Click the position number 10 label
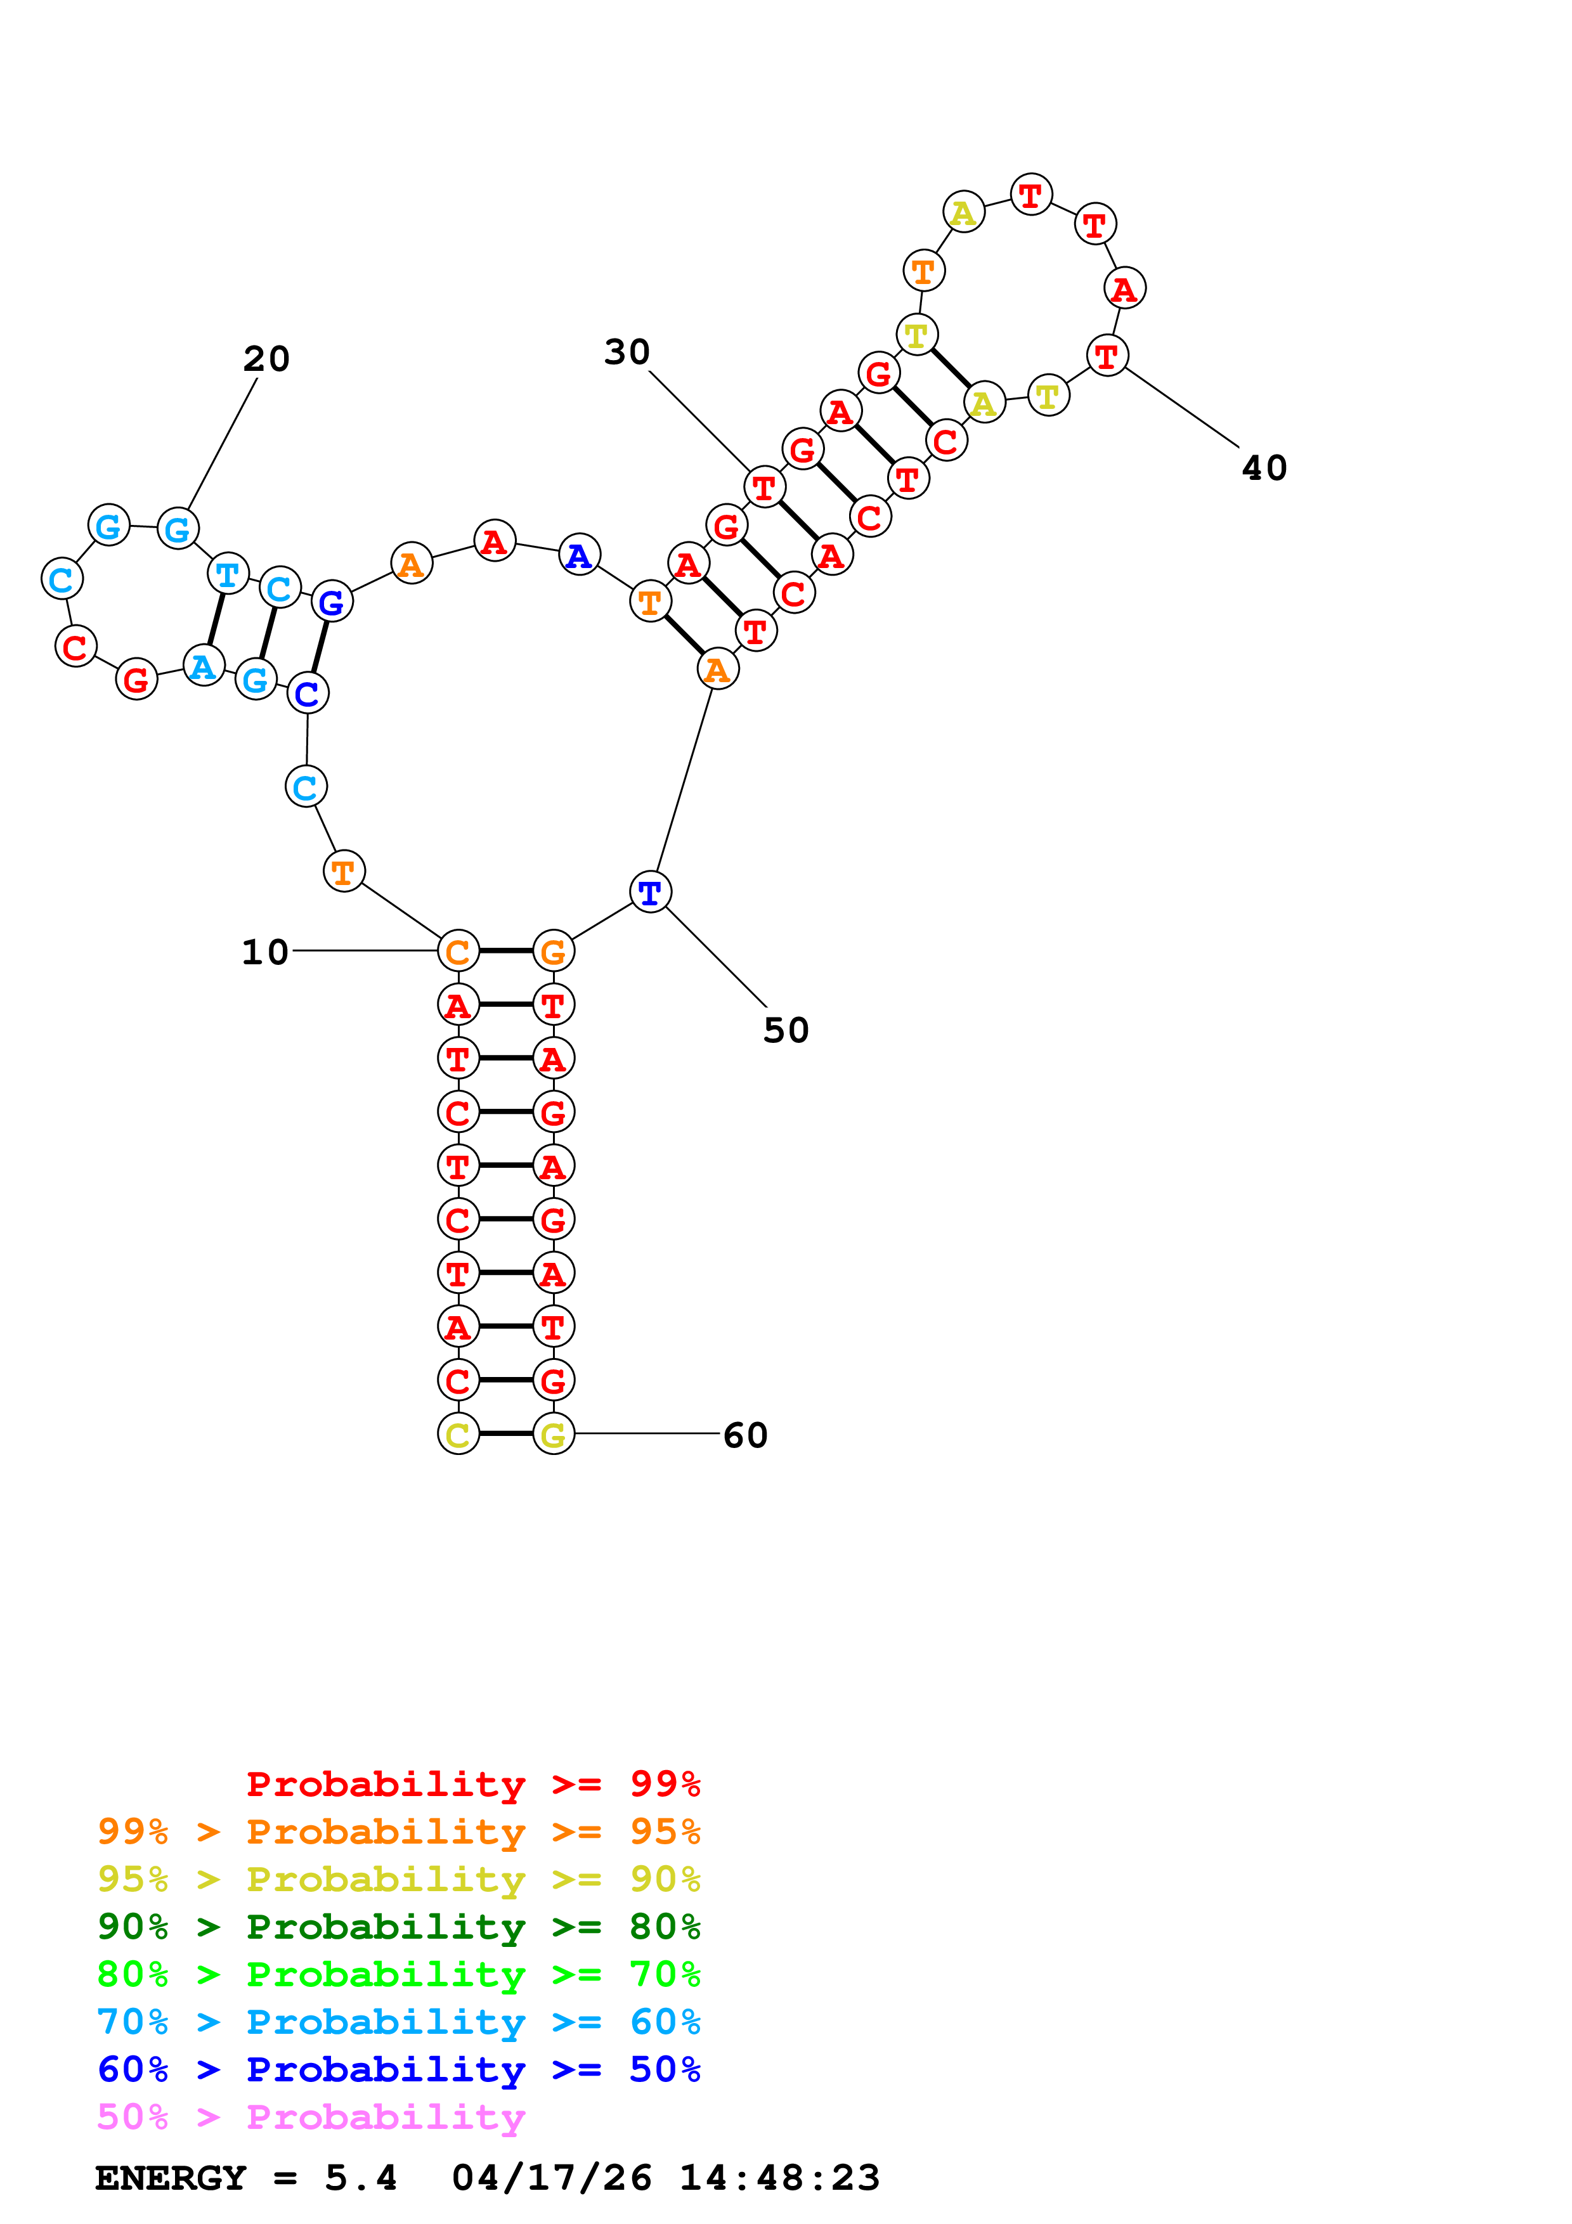264,952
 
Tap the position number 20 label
266,358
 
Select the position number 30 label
627,352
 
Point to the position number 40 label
1264,468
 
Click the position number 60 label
745,1435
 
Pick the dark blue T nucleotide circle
650,891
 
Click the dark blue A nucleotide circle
579,555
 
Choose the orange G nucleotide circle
553,951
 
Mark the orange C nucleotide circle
458,951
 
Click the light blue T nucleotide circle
228,574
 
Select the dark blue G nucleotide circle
331,602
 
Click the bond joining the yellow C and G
505,1433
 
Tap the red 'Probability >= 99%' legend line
472,1783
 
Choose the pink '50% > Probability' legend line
311,2116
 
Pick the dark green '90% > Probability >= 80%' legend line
398,1927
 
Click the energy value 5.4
360,2178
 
